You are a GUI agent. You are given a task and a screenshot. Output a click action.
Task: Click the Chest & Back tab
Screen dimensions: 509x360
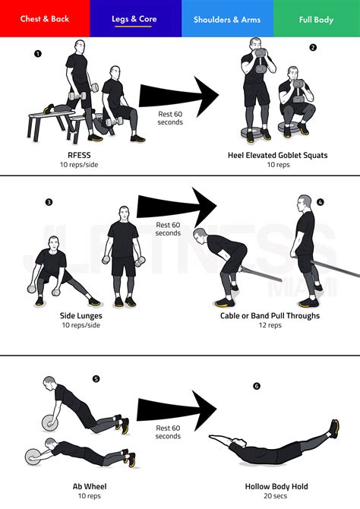click(44, 19)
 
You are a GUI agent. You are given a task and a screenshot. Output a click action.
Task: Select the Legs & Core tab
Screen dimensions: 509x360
click(135, 19)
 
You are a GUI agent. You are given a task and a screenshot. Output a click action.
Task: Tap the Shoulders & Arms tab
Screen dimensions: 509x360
click(227, 19)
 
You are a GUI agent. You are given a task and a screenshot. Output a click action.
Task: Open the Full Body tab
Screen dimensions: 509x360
click(315, 19)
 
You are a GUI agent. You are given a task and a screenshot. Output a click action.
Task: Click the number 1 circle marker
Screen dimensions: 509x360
click(38, 53)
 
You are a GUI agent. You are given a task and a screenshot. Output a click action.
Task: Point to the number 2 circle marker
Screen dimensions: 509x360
click(313, 47)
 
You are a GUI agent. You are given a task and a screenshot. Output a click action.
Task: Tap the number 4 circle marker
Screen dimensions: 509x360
click(320, 202)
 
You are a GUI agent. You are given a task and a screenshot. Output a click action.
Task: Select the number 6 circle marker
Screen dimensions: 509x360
click(257, 386)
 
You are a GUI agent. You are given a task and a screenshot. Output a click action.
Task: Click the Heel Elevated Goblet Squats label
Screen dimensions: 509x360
click(277, 155)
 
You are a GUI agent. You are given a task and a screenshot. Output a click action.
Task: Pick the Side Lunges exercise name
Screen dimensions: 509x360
click(81, 315)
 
